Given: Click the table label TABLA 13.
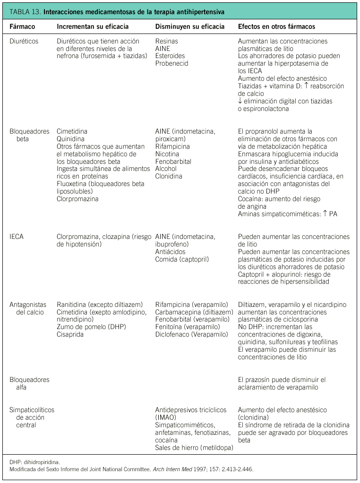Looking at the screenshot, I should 25,11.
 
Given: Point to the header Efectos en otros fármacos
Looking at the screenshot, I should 276,26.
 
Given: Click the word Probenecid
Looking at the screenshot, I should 171,63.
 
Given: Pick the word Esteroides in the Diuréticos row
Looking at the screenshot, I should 170,56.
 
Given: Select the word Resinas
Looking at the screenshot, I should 167,41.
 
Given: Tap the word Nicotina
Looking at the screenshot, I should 167,154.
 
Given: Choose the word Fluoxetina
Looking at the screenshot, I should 71,184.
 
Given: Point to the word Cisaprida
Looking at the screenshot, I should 70,335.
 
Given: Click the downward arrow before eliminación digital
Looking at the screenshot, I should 240,101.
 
